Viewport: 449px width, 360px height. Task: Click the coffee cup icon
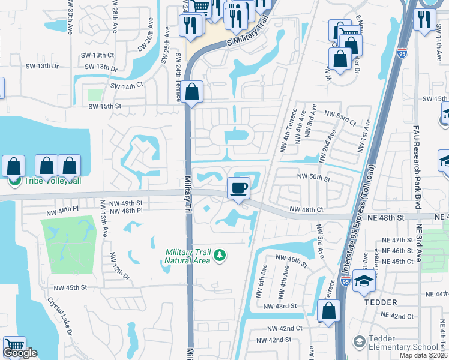[238, 188]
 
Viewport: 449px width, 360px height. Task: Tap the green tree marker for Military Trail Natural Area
[220, 256]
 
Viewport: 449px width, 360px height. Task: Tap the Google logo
[20, 353]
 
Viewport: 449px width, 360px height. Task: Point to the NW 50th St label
[314, 178]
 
